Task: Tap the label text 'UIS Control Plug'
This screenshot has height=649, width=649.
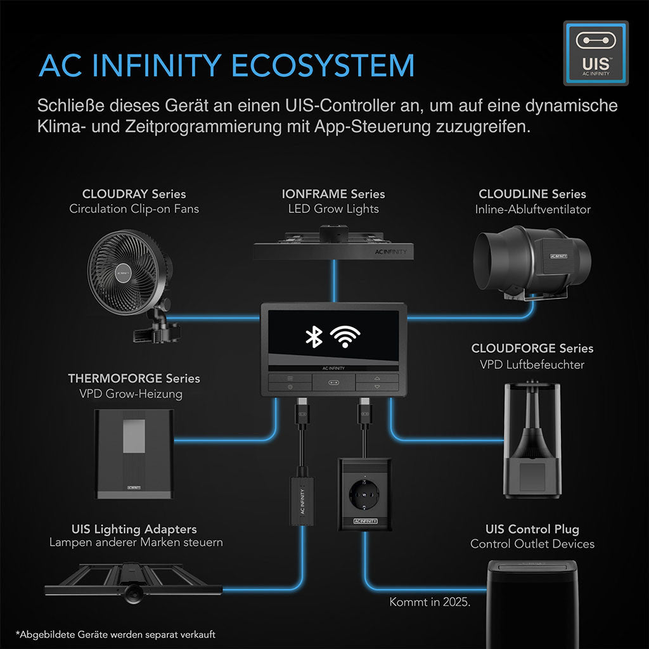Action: (x=532, y=529)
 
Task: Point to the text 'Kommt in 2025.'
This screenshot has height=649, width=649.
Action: (x=430, y=601)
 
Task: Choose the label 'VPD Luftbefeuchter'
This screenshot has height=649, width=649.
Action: (x=532, y=364)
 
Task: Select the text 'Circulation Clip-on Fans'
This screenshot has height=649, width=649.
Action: (x=134, y=209)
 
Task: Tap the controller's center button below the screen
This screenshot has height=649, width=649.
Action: (x=333, y=382)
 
